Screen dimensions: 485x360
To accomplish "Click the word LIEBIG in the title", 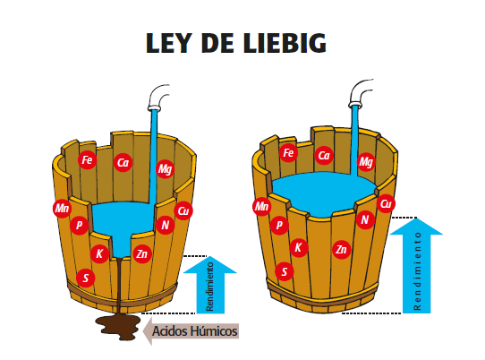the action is (x=285, y=43).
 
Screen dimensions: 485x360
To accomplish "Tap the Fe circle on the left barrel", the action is (x=87, y=160).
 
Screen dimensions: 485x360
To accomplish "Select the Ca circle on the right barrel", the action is (x=324, y=156).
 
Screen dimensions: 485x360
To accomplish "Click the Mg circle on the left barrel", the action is (x=165, y=169).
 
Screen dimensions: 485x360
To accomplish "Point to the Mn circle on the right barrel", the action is (x=261, y=206).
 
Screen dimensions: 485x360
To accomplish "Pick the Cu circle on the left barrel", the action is (x=183, y=210).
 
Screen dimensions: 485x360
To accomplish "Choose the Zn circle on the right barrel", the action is (x=341, y=250).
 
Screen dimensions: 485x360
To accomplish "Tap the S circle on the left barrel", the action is (x=86, y=278).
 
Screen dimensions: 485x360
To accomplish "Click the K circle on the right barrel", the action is (x=299, y=247).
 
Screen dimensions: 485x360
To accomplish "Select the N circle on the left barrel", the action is (x=166, y=225).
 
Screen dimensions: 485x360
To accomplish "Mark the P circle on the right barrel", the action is (x=279, y=225).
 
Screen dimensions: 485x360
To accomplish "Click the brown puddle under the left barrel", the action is (x=118, y=327).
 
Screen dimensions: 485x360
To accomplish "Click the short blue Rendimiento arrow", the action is (x=210, y=285).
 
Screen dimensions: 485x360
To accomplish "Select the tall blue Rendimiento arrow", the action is (x=416, y=266).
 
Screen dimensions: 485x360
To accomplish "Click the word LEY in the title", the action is (x=168, y=43).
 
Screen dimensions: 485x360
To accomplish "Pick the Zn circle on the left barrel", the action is (x=142, y=253).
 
